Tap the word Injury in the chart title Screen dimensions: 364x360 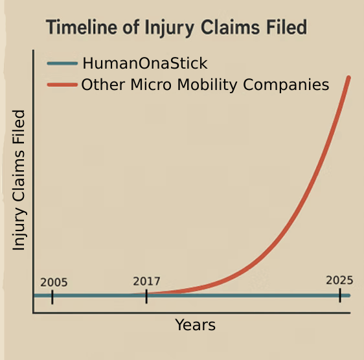click(169, 28)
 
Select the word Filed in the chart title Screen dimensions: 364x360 click(286, 27)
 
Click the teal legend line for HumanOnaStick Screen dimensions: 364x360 click(62, 63)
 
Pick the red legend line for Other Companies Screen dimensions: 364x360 click(62, 85)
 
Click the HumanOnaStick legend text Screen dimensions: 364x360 click(145, 63)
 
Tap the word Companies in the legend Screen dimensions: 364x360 click(286, 85)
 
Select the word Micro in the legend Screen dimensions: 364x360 click(151, 84)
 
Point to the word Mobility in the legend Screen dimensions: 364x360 click(207, 85)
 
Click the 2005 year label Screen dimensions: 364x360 click(54, 282)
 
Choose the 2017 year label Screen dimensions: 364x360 click(146, 281)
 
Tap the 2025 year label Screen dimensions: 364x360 click(339, 280)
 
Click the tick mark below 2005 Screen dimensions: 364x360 click(52, 297)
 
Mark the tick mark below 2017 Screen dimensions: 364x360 click(146, 296)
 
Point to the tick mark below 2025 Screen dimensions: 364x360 click(340, 295)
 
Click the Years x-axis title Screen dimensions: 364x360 click(195, 325)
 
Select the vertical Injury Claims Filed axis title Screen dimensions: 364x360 click(19, 180)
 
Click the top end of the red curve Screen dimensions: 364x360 click(348, 77)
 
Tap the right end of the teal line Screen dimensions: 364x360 click(349, 295)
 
